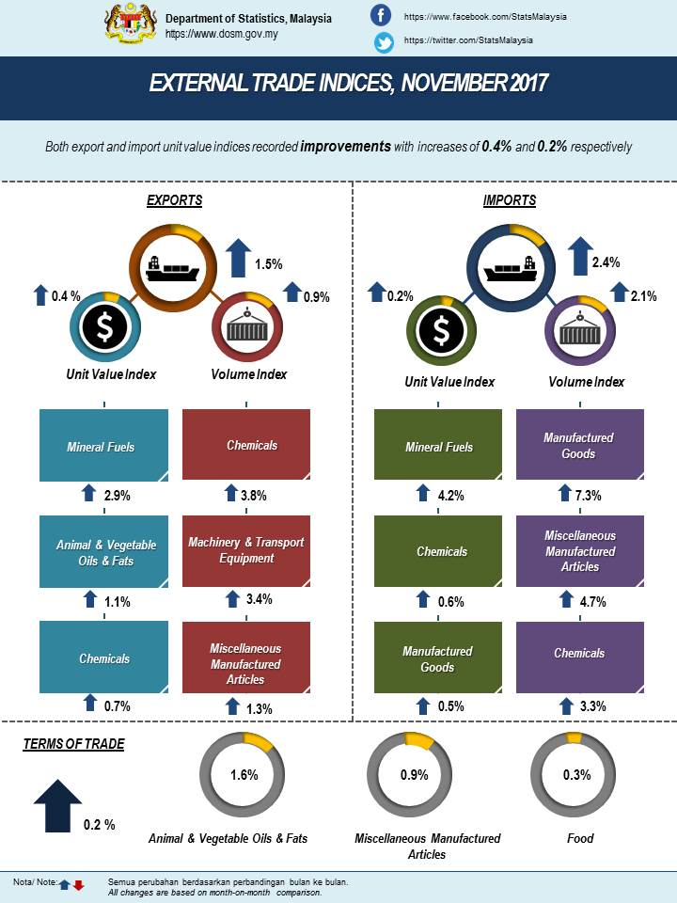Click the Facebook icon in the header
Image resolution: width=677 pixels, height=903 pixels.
coord(381,16)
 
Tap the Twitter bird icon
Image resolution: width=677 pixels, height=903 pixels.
coord(383,41)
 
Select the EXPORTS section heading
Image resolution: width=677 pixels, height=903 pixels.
coord(174,200)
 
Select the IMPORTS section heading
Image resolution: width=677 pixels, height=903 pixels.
coord(510,200)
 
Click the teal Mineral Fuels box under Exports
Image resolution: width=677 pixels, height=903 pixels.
coord(103,447)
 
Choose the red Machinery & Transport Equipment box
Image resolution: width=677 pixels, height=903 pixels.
coord(245,549)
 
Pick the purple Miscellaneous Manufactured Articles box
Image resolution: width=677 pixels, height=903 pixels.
coord(580,550)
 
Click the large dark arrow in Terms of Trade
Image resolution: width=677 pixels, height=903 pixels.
coord(57,804)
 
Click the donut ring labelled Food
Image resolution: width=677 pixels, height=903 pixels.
coord(576,775)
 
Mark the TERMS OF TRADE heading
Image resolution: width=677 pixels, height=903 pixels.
coord(73,744)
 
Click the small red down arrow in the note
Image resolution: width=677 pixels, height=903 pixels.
coord(79,885)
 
